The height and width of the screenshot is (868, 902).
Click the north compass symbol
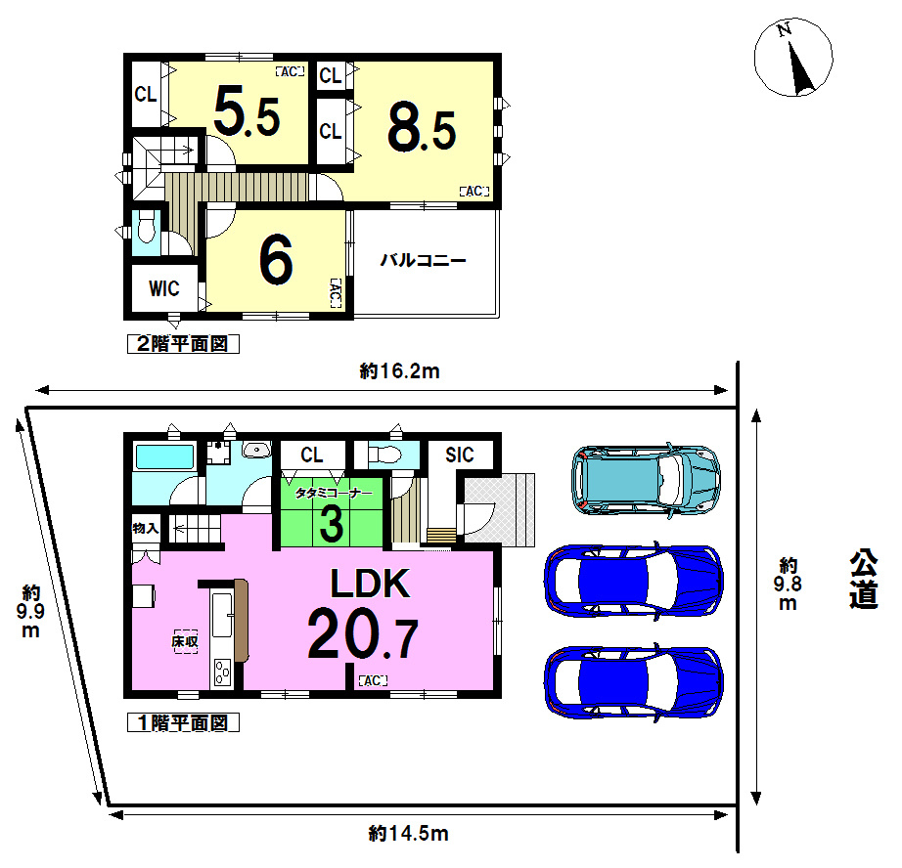click(x=793, y=58)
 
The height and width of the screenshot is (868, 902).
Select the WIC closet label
click(x=164, y=288)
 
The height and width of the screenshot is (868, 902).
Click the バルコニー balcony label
click(x=423, y=260)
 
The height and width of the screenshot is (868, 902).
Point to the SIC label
click(x=460, y=455)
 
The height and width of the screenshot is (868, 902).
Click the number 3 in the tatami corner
click(x=332, y=524)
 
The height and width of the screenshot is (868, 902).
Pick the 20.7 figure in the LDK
click(x=362, y=632)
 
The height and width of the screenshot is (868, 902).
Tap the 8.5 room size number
click(x=422, y=128)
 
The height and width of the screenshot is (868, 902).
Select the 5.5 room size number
click(x=247, y=111)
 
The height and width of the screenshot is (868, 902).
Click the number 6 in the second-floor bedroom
click(x=276, y=260)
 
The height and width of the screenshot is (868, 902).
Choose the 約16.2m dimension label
click(x=399, y=371)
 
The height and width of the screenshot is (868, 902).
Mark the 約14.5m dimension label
click(x=408, y=833)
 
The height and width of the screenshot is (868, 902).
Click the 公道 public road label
click(x=864, y=579)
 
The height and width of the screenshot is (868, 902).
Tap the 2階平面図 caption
click(x=183, y=344)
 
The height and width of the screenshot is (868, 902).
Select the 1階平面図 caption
click(x=183, y=722)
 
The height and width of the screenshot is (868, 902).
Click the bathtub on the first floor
click(x=164, y=456)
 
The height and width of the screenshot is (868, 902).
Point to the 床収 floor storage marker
click(x=185, y=641)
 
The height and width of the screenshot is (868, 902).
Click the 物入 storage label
click(x=145, y=528)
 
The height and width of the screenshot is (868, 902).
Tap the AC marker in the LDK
click(x=373, y=680)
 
